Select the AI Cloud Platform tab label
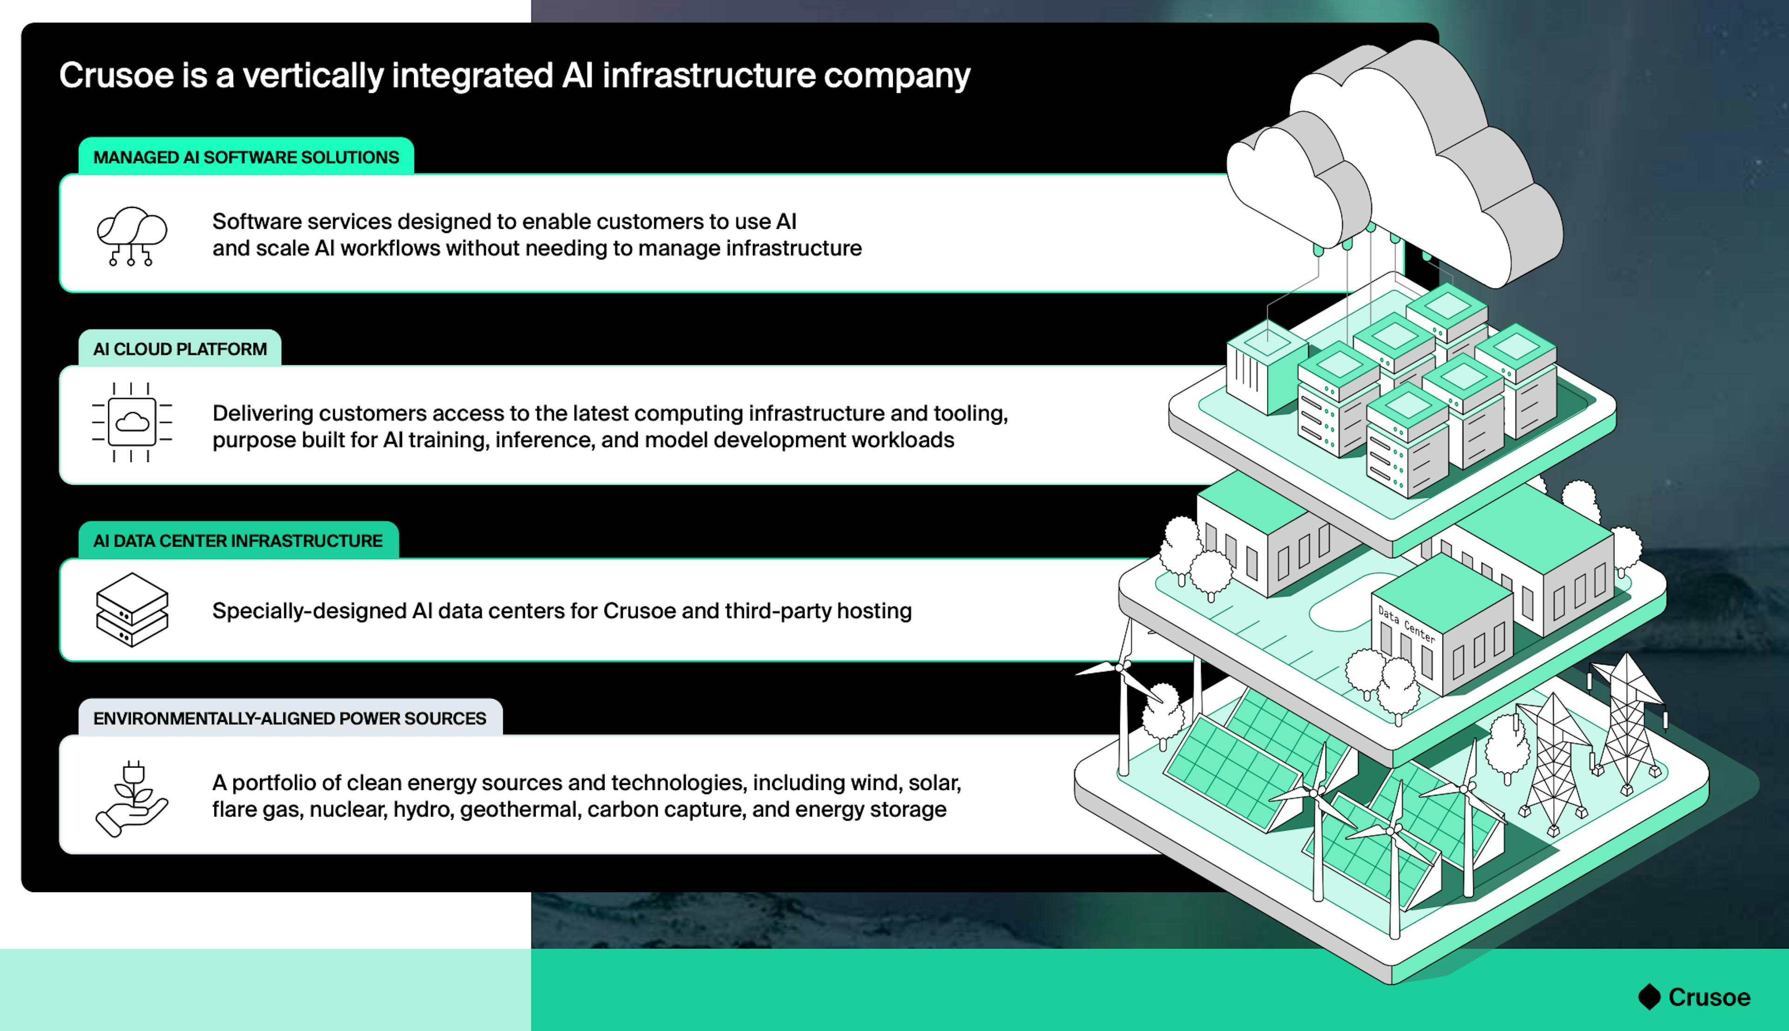point(180,349)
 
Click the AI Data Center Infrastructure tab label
point(238,541)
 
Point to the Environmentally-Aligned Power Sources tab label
point(289,719)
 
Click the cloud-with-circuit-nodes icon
point(132,236)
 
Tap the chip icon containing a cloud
point(132,423)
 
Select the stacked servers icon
point(132,610)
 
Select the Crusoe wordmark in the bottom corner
point(1709,997)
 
